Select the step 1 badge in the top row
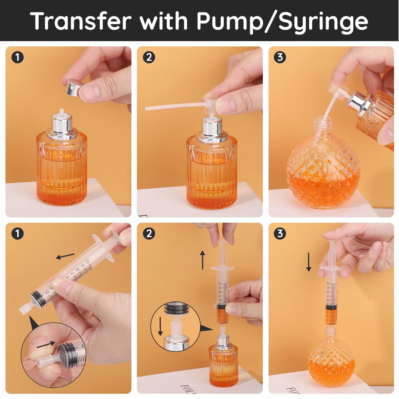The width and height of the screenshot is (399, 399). coord(17,57)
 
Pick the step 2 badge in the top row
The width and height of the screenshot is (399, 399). coord(149,57)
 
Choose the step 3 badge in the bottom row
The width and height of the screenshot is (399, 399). coord(280,234)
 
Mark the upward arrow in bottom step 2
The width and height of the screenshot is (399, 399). coord(203,260)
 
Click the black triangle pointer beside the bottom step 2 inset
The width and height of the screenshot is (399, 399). coord(206,329)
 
